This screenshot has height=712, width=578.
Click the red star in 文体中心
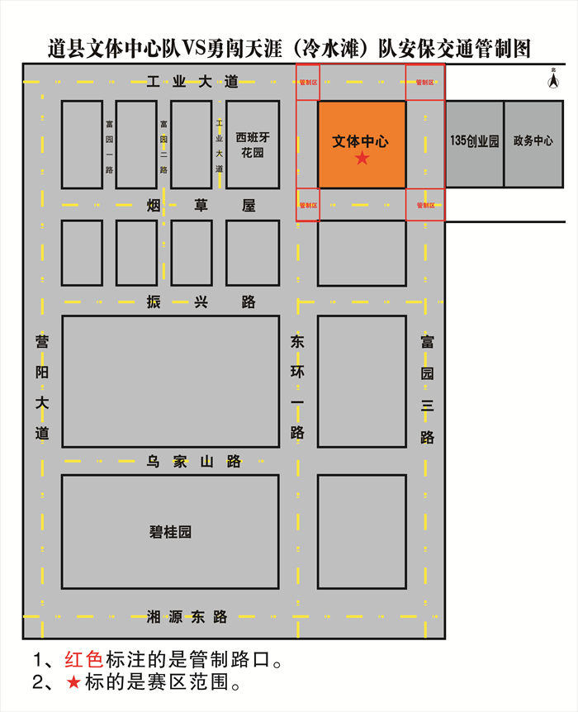point(362,158)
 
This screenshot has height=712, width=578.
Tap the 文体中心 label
point(361,141)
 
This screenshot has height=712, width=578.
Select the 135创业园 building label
point(475,141)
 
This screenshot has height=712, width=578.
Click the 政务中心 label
point(533,141)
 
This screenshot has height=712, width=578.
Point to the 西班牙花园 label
point(253,145)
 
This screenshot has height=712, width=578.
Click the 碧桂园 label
point(170,532)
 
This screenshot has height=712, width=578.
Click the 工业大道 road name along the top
point(192,81)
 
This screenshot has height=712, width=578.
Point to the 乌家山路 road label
point(194,461)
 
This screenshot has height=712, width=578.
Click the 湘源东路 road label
point(187,616)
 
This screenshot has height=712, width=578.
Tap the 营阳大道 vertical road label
point(42,387)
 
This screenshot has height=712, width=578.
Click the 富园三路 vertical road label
point(427,388)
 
